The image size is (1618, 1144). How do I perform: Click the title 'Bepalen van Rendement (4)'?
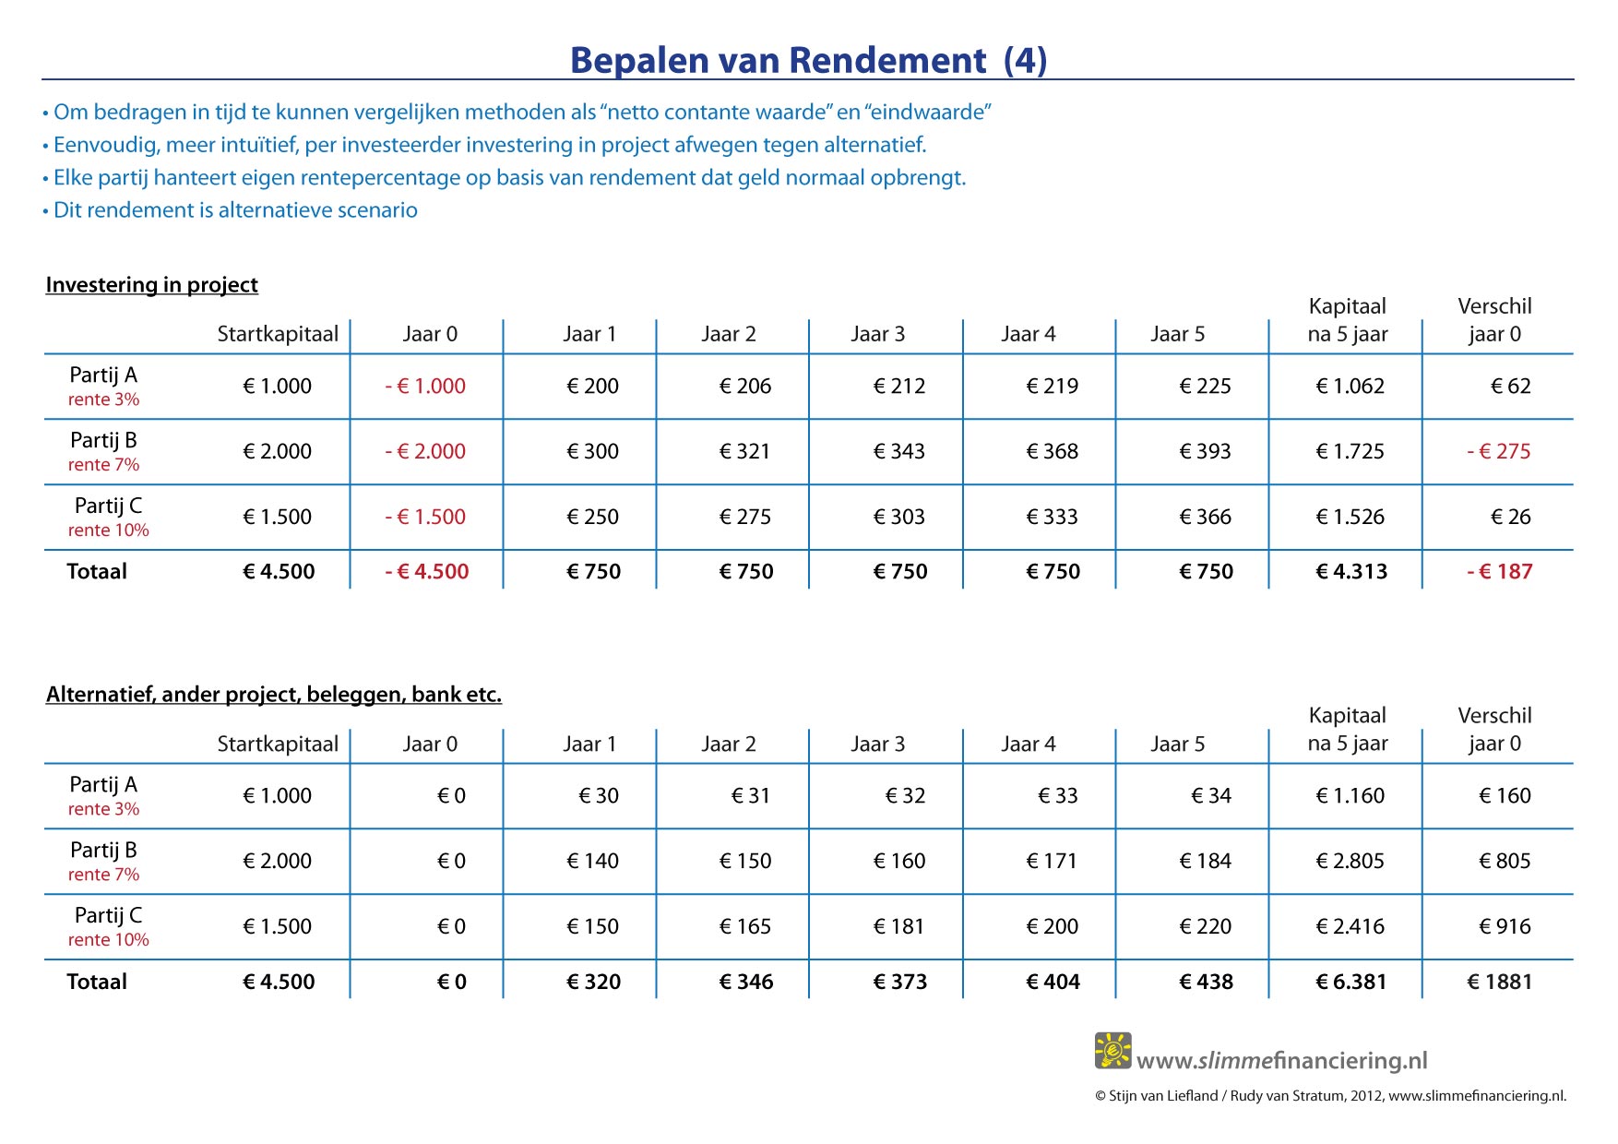(808, 61)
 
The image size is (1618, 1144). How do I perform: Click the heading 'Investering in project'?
(152, 285)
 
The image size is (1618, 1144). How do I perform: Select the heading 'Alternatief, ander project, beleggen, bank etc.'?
(274, 695)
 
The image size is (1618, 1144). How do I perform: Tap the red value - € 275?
(1498, 452)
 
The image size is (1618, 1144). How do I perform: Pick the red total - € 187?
(1499, 572)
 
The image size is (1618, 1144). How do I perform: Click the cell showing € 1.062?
(1350, 387)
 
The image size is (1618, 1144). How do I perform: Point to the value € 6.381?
(1351, 983)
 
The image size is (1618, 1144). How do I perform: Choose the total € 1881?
(1499, 983)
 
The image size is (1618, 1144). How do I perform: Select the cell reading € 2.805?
(1350, 862)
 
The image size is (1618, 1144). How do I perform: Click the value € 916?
(1505, 927)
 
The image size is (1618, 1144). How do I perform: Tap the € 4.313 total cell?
(1351, 572)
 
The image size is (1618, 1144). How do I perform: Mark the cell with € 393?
(1205, 452)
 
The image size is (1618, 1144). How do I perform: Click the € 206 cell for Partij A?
(745, 387)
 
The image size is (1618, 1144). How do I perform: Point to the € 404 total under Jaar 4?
(1053, 983)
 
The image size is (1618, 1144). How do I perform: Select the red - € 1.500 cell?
(425, 518)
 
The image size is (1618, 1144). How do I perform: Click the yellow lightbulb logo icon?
(1112, 1051)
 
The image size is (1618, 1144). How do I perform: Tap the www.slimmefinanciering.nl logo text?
(1282, 1061)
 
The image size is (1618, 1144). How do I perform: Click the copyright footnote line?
(1330, 1096)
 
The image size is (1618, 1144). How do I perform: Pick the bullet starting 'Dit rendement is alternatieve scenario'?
(230, 210)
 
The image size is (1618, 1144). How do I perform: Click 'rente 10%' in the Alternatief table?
(108, 940)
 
